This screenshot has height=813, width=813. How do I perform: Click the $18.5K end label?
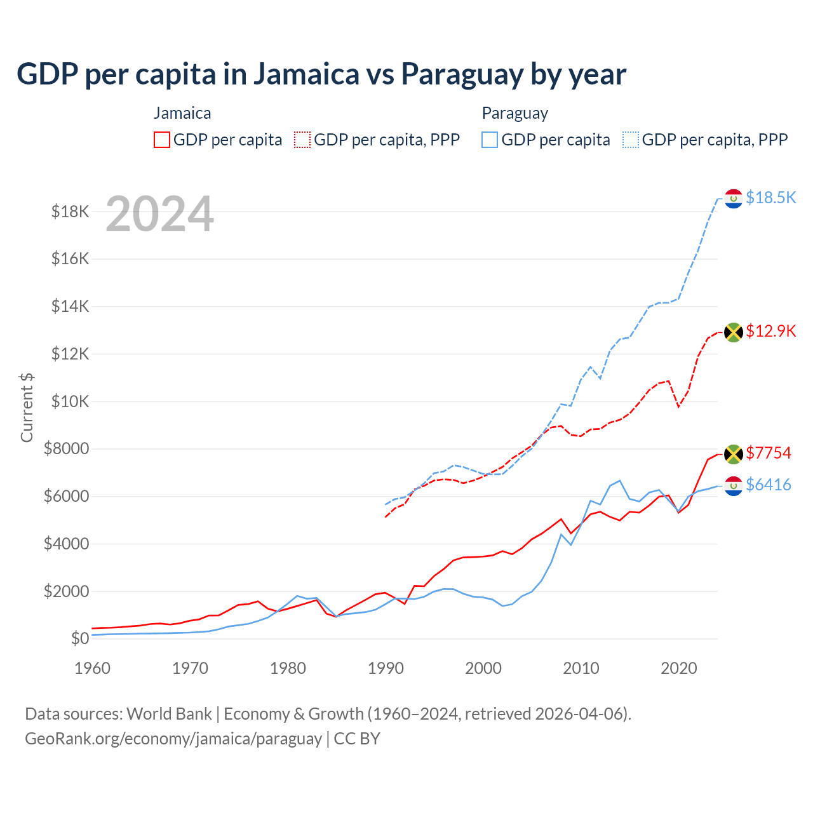770,198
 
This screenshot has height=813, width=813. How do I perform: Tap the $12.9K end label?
770,331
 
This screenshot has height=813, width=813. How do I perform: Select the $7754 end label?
768,453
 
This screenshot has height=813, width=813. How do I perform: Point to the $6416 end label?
768,485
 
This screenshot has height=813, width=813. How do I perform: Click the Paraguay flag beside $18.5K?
734,199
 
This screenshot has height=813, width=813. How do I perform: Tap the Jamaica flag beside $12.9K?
734,332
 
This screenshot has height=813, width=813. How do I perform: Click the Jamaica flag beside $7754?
734,454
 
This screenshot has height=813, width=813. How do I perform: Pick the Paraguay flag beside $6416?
734,486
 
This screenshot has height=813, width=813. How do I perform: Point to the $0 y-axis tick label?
79,638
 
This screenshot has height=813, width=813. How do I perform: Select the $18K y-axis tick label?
71,212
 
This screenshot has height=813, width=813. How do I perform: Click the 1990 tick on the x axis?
386,668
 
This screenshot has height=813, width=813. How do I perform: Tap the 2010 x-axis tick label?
581,668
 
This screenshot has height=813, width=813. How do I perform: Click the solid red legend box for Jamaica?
162,140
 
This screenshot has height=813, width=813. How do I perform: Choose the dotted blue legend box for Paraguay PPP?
631,140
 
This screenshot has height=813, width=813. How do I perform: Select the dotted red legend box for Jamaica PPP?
302,140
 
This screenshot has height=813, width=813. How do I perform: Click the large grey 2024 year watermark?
160,214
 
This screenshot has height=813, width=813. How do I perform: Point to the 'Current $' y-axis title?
27,408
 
